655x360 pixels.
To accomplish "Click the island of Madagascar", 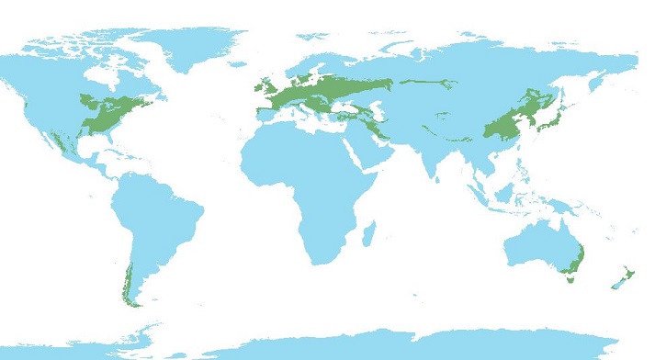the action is [370, 234].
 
